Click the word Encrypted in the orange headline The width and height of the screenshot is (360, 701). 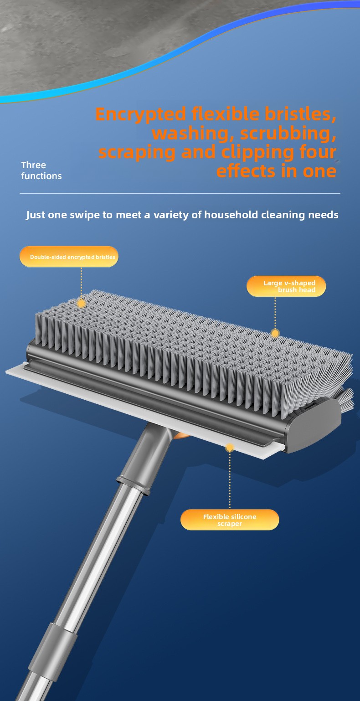click(x=140, y=114)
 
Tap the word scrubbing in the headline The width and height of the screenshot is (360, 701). click(x=288, y=133)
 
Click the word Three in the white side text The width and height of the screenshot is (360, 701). click(x=33, y=165)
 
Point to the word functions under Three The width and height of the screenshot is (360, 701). click(x=41, y=176)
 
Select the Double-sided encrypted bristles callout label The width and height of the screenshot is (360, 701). click(x=69, y=257)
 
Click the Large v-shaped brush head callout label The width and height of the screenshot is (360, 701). click(x=286, y=286)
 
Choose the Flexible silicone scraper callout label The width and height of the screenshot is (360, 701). click(x=230, y=520)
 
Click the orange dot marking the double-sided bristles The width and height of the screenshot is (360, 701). click(x=81, y=303)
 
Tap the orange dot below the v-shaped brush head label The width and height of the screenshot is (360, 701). click(x=275, y=333)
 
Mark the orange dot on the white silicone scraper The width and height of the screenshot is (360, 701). click(x=230, y=448)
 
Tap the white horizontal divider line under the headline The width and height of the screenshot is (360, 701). click(x=180, y=193)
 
